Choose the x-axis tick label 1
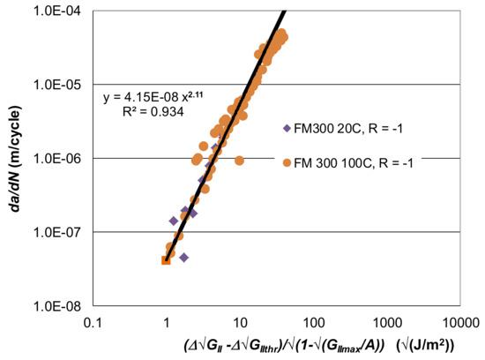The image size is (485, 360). coord(166,322)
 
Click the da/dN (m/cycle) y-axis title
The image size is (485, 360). coord(15,159)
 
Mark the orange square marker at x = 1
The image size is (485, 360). coord(166,259)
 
